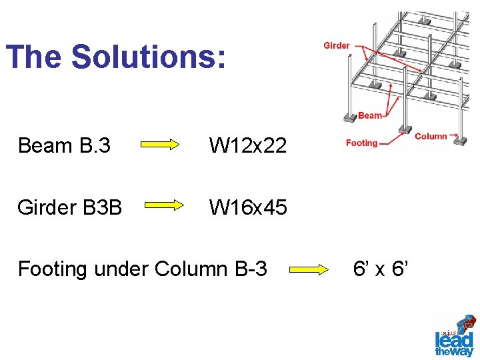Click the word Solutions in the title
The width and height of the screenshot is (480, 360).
click(x=148, y=57)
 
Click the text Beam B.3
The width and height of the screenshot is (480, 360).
click(x=64, y=145)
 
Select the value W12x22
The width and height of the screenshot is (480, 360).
click(x=248, y=145)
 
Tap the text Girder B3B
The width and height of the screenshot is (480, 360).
click(x=70, y=207)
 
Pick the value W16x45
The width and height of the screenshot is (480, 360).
click(x=248, y=207)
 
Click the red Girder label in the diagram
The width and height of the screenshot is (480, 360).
click(x=337, y=45)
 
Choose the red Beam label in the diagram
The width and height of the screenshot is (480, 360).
click(x=370, y=115)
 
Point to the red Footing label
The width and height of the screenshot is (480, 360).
click(x=361, y=143)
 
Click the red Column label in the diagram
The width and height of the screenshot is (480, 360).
click(x=431, y=136)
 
